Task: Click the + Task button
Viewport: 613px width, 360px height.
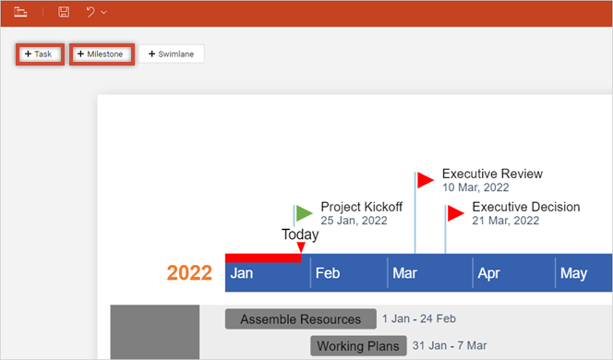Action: point(39,54)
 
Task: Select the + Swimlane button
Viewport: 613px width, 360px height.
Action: point(172,54)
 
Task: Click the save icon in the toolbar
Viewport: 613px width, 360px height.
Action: point(64,12)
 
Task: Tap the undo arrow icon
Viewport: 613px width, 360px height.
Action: point(90,12)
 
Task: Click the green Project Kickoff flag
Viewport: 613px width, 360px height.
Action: point(304,213)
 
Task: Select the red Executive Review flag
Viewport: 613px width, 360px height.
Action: point(425,179)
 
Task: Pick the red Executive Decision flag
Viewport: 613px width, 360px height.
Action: point(455,213)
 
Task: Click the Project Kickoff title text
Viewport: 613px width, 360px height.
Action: point(361,207)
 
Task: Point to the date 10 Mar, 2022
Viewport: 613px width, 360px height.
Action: point(475,187)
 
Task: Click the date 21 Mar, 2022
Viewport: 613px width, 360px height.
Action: point(505,222)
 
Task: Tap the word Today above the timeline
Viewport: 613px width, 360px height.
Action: point(300,234)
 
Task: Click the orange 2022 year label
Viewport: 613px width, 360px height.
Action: point(189,273)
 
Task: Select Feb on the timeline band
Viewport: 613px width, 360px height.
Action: point(328,273)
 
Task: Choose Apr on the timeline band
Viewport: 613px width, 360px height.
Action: point(488,273)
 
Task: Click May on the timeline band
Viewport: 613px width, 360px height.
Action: point(573,273)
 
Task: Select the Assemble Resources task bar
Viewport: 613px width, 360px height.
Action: point(300,319)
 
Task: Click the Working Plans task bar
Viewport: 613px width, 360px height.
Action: point(358,346)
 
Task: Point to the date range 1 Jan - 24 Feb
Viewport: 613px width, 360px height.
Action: point(419,319)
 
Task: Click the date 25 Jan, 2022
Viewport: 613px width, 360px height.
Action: point(354,222)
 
